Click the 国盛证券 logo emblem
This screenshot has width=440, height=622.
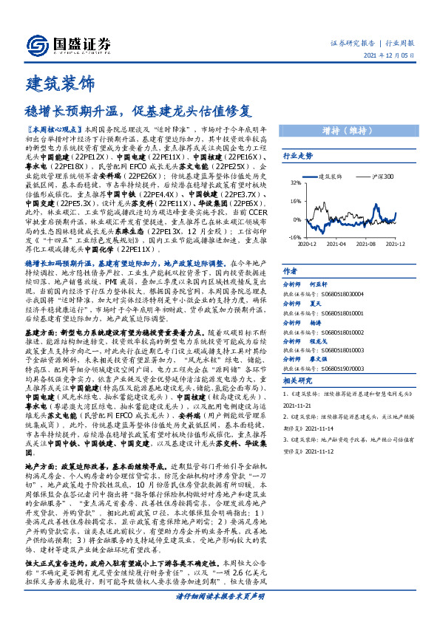(x=35, y=42)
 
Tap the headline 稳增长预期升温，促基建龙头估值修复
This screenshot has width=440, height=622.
(x=138, y=112)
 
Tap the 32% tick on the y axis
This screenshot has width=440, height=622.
(x=295, y=182)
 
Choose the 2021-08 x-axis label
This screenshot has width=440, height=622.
(x=366, y=243)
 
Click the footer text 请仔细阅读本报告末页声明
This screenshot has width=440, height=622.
(x=220, y=615)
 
